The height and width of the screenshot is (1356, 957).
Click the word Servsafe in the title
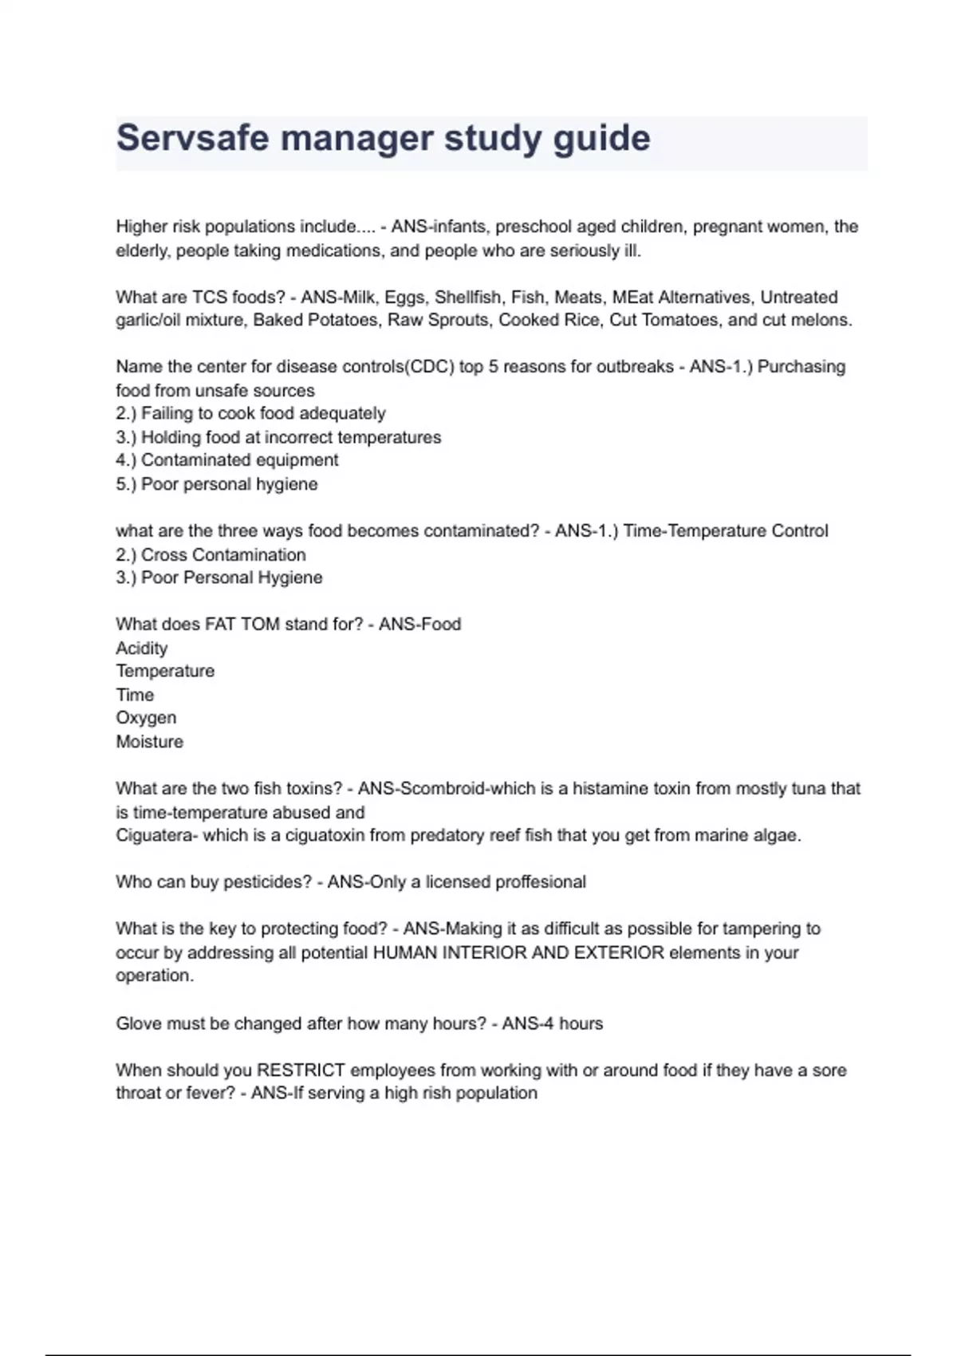pyautogui.click(x=192, y=138)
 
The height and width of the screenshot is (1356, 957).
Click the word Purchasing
pyautogui.click(x=801, y=367)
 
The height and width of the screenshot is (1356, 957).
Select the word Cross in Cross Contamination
pyautogui.click(x=164, y=554)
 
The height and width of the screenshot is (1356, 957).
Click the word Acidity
pyautogui.click(x=142, y=648)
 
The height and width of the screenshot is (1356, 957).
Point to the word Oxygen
pyautogui.click(x=146, y=718)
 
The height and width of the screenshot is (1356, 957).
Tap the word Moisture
pyautogui.click(x=149, y=742)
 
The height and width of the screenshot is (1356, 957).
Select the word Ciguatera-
pyautogui.click(x=156, y=835)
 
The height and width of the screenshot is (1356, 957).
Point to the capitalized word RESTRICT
pyautogui.click(x=301, y=1070)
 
